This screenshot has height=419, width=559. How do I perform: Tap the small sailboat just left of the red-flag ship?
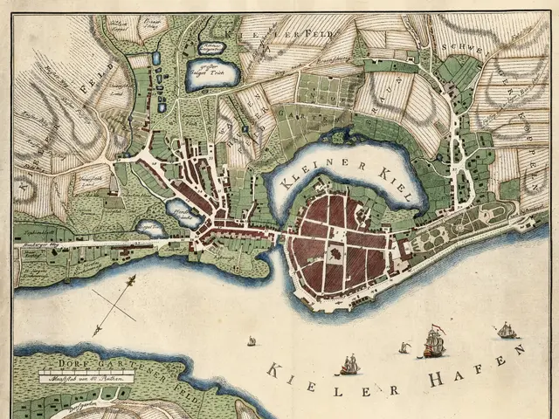click(x=404, y=348)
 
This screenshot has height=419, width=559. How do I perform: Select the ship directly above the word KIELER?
click(x=349, y=365)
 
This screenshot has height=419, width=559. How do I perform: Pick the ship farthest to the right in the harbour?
click(x=506, y=330)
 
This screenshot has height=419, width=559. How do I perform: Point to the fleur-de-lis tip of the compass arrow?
click(x=132, y=278)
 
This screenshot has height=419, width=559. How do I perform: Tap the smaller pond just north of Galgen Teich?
click(x=211, y=47)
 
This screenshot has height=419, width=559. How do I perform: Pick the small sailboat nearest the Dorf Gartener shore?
click(x=252, y=340)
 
